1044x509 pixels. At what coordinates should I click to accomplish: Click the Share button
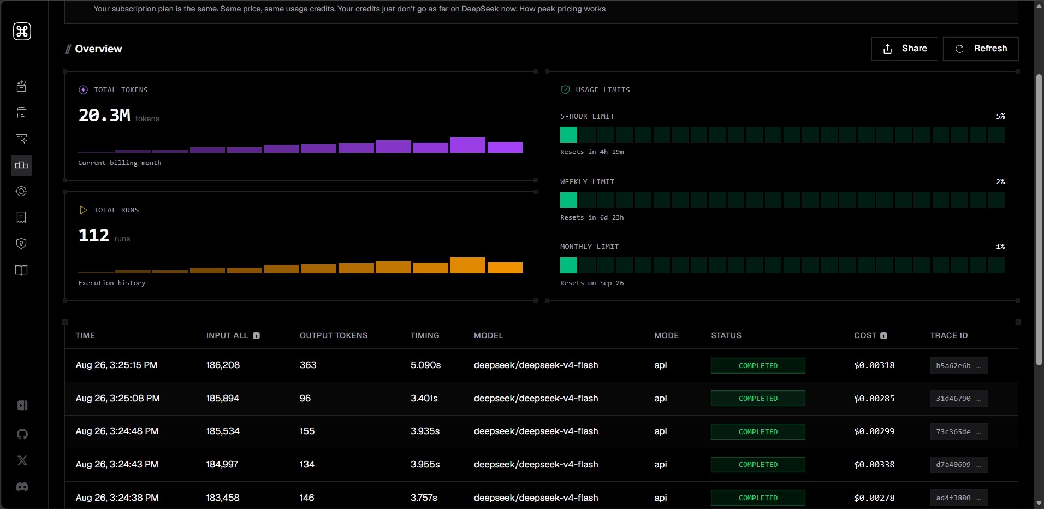(904, 49)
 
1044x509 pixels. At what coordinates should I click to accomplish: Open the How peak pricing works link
(562, 9)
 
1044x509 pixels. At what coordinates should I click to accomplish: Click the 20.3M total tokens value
(104, 115)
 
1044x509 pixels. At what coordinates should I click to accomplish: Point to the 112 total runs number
(94, 235)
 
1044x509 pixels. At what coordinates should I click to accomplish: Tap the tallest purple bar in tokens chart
(467, 145)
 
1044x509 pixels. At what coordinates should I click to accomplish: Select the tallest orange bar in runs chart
(467, 265)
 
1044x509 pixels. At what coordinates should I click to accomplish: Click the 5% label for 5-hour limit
(1000, 116)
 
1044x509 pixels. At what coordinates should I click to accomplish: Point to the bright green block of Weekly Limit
(568, 200)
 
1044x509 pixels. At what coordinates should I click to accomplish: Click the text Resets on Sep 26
(592, 283)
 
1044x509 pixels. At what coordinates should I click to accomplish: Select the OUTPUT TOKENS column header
(334, 335)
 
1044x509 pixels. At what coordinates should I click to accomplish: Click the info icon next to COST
(883, 335)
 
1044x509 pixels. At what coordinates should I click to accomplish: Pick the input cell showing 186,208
(223, 365)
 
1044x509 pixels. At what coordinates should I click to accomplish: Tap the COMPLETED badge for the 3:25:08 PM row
(758, 398)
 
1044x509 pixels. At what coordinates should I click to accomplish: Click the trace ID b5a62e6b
(959, 365)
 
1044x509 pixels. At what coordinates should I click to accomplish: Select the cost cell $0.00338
(874, 464)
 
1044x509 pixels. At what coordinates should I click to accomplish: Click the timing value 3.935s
(425, 431)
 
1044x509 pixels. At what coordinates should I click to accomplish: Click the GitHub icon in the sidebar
(22, 434)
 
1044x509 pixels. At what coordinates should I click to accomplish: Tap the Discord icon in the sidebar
(22, 487)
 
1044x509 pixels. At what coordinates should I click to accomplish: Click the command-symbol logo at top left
(22, 31)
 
